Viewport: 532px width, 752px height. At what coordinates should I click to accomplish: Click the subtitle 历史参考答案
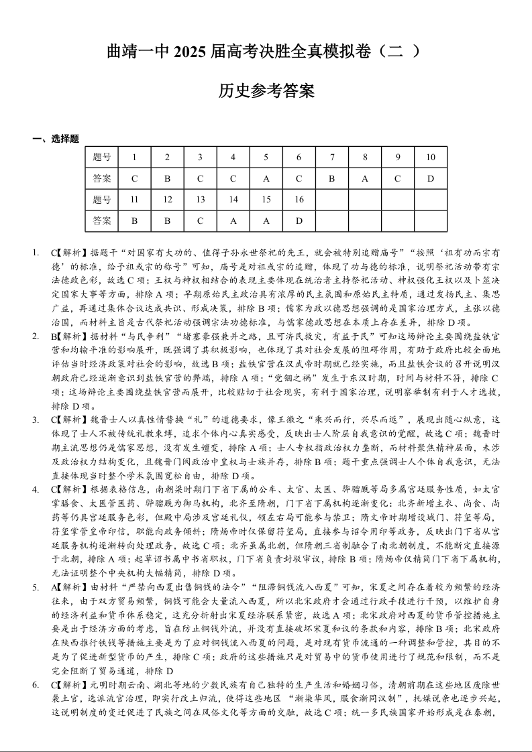(266, 91)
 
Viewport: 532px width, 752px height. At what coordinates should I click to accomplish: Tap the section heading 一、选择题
(56, 139)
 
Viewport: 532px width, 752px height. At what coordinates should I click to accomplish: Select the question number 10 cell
(430, 158)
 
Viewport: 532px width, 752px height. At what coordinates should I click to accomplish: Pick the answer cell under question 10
(430, 179)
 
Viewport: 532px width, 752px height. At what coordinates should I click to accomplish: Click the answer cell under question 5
(266, 179)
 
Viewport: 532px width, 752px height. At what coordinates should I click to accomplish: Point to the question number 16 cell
(299, 200)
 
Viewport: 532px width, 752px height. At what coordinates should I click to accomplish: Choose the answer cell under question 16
(299, 221)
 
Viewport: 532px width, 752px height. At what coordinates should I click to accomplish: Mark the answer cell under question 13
(200, 221)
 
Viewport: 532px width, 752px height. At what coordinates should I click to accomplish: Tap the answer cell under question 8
(364, 179)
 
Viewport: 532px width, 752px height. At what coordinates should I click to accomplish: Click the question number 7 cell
(331, 158)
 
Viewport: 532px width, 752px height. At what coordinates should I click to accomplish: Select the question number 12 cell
(167, 200)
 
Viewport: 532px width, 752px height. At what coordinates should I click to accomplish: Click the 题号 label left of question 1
(102, 158)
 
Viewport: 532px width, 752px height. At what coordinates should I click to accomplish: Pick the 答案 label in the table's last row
(102, 221)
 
